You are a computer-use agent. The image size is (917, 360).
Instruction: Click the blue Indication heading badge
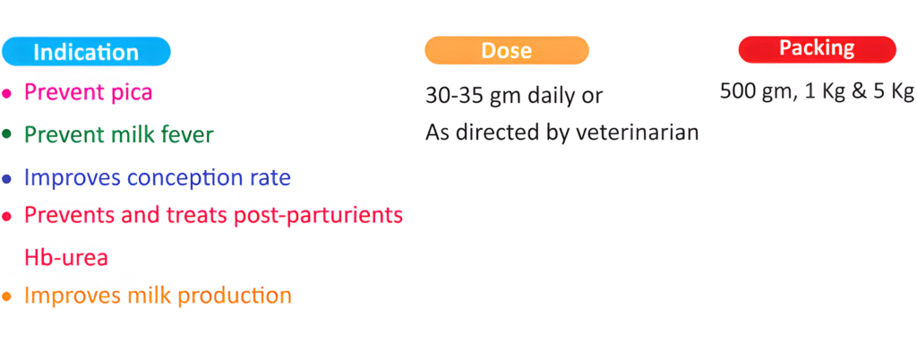pos(86,52)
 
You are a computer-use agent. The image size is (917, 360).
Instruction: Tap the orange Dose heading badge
pos(507,50)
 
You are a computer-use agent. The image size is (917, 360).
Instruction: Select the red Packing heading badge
pos(818,49)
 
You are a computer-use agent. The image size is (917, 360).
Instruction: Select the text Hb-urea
pos(66,258)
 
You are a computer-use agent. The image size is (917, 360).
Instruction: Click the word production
pos(235,296)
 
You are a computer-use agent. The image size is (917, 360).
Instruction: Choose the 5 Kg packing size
pos(894,91)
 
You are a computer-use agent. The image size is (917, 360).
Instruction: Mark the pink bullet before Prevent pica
pos(7,93)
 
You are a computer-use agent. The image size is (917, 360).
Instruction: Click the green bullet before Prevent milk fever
pos(7,134)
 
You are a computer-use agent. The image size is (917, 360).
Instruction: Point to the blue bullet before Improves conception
pos(7,179)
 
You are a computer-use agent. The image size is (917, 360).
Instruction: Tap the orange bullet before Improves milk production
pos(7,297)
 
